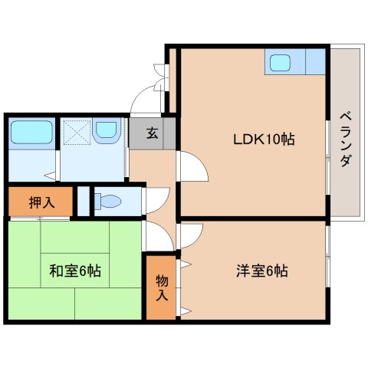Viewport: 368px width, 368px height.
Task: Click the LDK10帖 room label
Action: [264, 140]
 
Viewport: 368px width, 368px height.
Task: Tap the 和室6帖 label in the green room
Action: [75, 271]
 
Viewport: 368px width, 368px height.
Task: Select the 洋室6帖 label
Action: [262, 271]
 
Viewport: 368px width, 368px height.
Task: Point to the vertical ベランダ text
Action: [346, 140]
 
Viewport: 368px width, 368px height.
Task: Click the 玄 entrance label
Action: [153, 133]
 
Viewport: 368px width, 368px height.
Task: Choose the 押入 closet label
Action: [42, 202]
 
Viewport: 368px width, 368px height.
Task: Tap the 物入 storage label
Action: [162, 288]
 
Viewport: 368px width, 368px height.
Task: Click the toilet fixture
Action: [107, 201]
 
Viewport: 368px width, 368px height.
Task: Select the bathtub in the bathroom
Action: [31, 132]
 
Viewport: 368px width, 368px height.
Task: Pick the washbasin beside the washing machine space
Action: [107, 130]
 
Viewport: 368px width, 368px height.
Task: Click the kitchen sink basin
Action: [280, 63]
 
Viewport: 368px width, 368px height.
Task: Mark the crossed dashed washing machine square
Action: [77, 133]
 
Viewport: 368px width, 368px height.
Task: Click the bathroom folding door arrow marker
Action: [50, 176]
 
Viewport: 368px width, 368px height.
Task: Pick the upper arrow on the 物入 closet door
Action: [186, 264]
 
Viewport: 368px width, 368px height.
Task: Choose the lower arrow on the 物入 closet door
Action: [186, 311]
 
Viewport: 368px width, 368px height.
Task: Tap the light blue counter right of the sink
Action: [315, 61]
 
